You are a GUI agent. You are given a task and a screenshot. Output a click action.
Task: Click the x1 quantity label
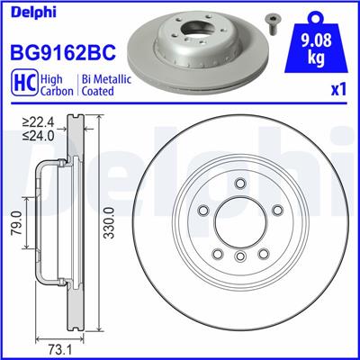[x=340, y=91]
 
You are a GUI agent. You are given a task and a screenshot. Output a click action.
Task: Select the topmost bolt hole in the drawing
[x=238, y=186]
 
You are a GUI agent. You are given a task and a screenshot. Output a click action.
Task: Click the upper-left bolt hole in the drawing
[x=203, y=211]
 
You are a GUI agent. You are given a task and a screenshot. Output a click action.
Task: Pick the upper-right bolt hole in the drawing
[x=273, y=211]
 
